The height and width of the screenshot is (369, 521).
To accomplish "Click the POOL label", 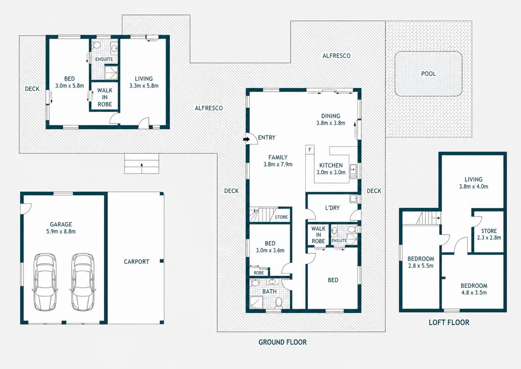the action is pyautogui.click(x=428, y=74).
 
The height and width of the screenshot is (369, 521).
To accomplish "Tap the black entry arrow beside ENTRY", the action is pyautogui.click(x=246, y=139).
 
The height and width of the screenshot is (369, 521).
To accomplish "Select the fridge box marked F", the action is pyautogui.click(x=310, y=149).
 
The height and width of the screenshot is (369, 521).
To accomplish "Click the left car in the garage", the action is pyautogui.click(x=45, y=282).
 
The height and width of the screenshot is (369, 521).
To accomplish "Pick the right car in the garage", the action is pyautogui.click(x=83, y=282).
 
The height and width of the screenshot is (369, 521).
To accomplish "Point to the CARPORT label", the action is pyautogui.click(x=136, y=262).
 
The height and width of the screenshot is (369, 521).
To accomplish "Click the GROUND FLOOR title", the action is pyautogui.click(x=283, y=342).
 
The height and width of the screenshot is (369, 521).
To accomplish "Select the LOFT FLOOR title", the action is pyautogui.click(x=449, y=322).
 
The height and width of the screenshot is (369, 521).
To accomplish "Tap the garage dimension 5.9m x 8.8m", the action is pyautogui.click(x=61, y=232).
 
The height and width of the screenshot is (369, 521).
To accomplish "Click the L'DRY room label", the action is pyautogui.click(x=332, y=208).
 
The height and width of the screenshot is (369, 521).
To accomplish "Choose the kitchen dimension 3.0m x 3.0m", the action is pyautogui.click(x=331, y=172).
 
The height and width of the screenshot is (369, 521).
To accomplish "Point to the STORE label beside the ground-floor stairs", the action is pyautogui.click(x=281, y=217).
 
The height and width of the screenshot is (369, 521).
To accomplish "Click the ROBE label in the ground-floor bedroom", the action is pyautogui.click(x=259, y=273).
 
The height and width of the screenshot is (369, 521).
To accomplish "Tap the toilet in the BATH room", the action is pyautogui.click(x=278, y=302).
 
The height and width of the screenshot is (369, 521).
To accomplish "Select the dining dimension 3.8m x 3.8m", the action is pyautogui.click(x=331, y=123).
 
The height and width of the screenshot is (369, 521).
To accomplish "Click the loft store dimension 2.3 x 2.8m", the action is pyautogui.click(x=489, y=237).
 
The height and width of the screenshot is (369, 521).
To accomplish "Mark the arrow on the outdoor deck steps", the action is pyautogui.click(x=142, y=168).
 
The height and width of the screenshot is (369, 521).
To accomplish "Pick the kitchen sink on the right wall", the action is pyautogui.click(x=353, y=168).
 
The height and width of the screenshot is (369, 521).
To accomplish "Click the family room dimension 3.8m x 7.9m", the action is pyautogui.click(x=278, y=164).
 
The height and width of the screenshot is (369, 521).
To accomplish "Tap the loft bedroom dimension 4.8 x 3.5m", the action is pyautogui.click(x=474, y=293).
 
